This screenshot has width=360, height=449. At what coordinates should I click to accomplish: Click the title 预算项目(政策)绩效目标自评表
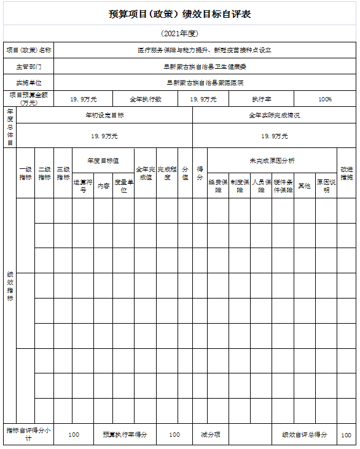click(179, 14)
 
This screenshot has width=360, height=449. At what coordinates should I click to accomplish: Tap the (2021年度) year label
click(179, 33)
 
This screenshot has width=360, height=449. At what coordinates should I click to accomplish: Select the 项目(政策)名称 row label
click(28, 50)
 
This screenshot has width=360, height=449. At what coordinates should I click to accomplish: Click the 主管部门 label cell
click(28, 66)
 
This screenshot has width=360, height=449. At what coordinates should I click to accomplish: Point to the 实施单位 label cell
click(28, 82)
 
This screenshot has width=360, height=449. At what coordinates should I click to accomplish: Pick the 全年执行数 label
click(146, 99)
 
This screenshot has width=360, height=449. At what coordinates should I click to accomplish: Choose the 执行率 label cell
click(262, 99)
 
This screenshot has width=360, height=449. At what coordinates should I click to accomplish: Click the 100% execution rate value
click(325, 99)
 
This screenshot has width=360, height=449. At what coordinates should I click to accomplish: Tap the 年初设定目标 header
click(104, 115)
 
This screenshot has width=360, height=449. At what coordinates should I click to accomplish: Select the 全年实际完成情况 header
click(274, 115)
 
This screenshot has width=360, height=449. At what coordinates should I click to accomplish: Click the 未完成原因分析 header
click(272, 160)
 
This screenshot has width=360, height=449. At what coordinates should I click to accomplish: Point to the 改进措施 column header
click(346, 173)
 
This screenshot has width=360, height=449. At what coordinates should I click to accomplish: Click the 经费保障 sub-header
click(218, 186)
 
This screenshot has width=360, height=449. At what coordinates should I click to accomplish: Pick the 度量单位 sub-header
click(123, 186)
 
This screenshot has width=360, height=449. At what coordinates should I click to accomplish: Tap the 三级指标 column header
click(63, 173)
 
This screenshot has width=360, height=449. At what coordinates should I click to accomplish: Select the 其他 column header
click(304, 185)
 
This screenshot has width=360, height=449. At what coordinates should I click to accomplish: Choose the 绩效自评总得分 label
click(305, 434)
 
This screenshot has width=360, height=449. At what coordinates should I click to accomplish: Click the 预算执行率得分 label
click(125, 434)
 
